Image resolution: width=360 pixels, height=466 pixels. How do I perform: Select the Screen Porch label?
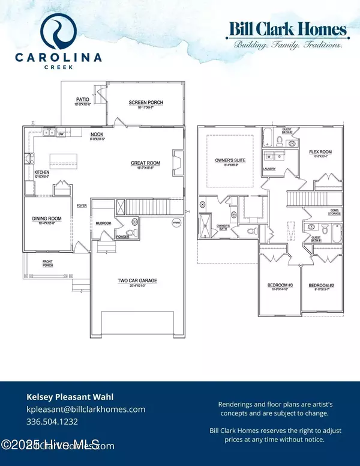146,102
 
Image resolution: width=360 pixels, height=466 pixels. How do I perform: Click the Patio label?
82,100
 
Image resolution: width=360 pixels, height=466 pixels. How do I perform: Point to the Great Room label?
146,163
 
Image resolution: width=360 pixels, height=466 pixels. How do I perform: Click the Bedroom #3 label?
278,285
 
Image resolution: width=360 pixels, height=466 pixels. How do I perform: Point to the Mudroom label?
103,223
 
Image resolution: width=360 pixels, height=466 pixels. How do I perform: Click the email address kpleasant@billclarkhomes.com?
86,409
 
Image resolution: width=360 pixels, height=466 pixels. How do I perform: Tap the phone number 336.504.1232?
52,422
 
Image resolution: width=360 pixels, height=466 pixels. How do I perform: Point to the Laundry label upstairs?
269,169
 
